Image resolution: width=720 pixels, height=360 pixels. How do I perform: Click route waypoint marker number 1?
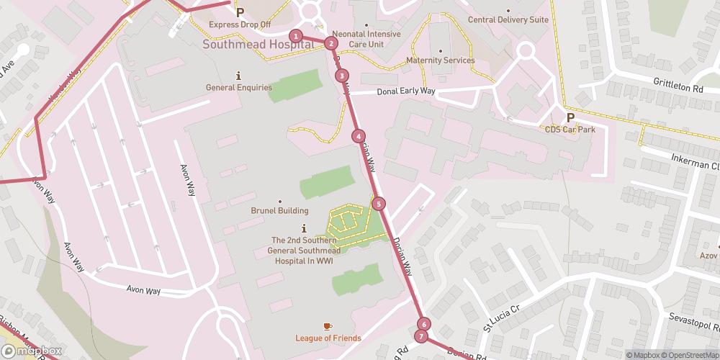point(295,36)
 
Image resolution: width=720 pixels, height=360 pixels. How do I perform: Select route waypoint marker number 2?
point(330,43)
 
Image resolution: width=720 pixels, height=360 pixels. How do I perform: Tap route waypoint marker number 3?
point(342,75)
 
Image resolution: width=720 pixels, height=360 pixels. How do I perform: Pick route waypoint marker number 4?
point(358,136)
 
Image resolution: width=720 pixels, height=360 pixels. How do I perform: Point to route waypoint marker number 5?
point(379,204)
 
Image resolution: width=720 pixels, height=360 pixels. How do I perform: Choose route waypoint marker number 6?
point(424,325)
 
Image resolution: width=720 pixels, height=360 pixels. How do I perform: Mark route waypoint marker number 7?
point(421,336)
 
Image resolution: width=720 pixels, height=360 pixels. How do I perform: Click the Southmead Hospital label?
point(258,44)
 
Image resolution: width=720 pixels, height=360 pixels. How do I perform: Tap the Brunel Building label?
point(279,211)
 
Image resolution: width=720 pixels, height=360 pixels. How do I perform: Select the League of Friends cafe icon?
point(328,327)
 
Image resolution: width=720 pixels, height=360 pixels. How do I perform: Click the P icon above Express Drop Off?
point(240,12)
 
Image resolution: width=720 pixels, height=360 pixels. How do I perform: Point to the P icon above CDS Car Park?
point(570,117)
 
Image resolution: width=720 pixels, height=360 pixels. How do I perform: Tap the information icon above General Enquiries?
point(238,76)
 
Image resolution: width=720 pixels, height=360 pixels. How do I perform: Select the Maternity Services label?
point(440,60)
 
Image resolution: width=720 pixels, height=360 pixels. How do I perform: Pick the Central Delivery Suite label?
point(508,20)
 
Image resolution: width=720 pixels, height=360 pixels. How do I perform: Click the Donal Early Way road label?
point(408,91)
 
